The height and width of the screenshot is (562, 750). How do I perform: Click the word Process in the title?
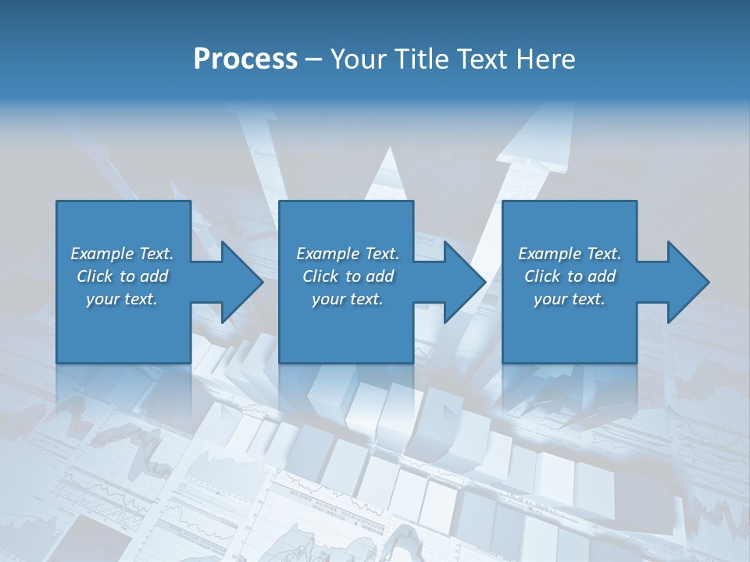coord(245,59)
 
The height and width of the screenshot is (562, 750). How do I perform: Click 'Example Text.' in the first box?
coord(122,254)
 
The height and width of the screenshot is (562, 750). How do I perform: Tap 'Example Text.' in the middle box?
coord(348,254)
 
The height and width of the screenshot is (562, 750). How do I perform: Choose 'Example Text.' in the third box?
coord(570,254)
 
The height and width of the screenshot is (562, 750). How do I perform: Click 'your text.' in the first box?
coord(122,299)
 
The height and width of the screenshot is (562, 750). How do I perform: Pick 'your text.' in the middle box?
coord(348,299)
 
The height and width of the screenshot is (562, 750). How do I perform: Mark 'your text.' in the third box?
coord(570,299)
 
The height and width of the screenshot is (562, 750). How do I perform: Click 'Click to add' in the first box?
coord(122,276)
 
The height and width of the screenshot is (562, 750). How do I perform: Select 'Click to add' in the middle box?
coord(348,276)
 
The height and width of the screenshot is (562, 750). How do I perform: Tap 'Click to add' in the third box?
coord(570,276)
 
